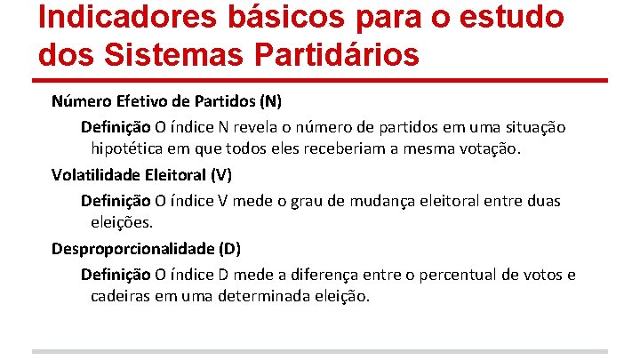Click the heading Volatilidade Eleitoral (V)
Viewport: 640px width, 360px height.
pos(142,173)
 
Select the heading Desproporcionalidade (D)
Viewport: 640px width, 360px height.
pos(146,248)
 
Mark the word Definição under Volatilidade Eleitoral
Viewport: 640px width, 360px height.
pos(116,200)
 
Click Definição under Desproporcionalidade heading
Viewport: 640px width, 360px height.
pos(116,275)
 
